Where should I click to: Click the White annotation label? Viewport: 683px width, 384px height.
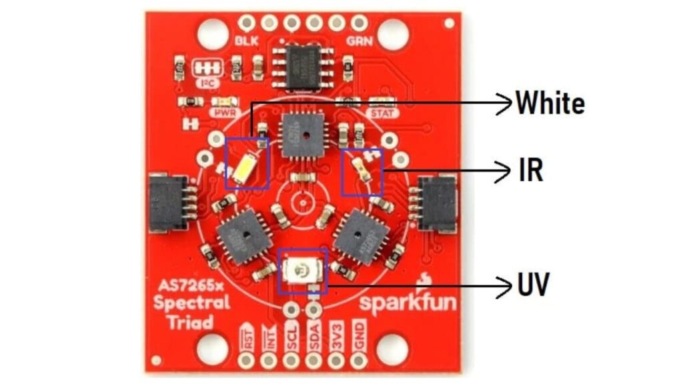550,103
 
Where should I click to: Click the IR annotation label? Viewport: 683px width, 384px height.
531,171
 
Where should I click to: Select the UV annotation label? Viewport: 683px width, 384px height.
534,286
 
